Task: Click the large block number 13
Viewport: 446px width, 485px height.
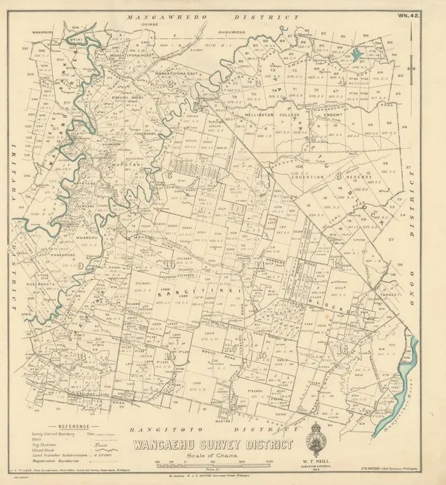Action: pyautogui.click(x=84, y=355)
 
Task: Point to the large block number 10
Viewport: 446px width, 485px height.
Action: pyautogui.click(x=170, y=265)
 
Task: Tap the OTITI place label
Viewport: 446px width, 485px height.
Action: pyautogui.click(x=73, y=39)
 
